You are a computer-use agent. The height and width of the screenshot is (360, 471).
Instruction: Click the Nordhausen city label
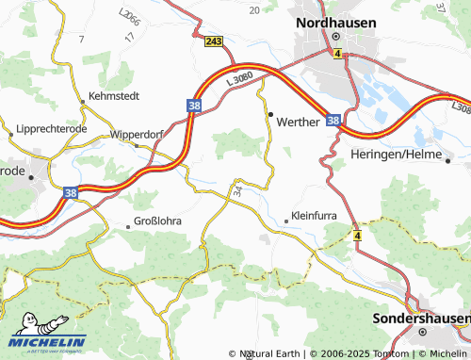tap(336, 22)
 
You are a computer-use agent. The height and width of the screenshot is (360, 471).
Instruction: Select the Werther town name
tap(299, 122)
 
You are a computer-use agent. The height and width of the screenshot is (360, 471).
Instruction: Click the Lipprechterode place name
tap(53, 128)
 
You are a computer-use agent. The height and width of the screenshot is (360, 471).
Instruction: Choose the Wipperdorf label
tap(138, 134)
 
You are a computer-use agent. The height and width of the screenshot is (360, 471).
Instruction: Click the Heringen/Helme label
tap(396, 154)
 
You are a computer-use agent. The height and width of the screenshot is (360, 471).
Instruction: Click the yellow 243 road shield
tap(213, 41)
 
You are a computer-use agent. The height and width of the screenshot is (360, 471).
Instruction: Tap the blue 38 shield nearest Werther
tap(333, 121)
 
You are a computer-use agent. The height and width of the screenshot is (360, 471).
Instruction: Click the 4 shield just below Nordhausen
tap(336, 55)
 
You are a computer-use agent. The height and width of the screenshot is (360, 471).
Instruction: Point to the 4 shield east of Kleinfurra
tap(357, 234)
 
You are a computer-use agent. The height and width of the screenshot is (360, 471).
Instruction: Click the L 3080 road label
tap(241, 83)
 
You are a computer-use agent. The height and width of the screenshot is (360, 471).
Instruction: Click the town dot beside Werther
tap(270, 115)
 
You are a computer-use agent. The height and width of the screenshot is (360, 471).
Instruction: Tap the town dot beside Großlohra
tap(129, 226)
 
